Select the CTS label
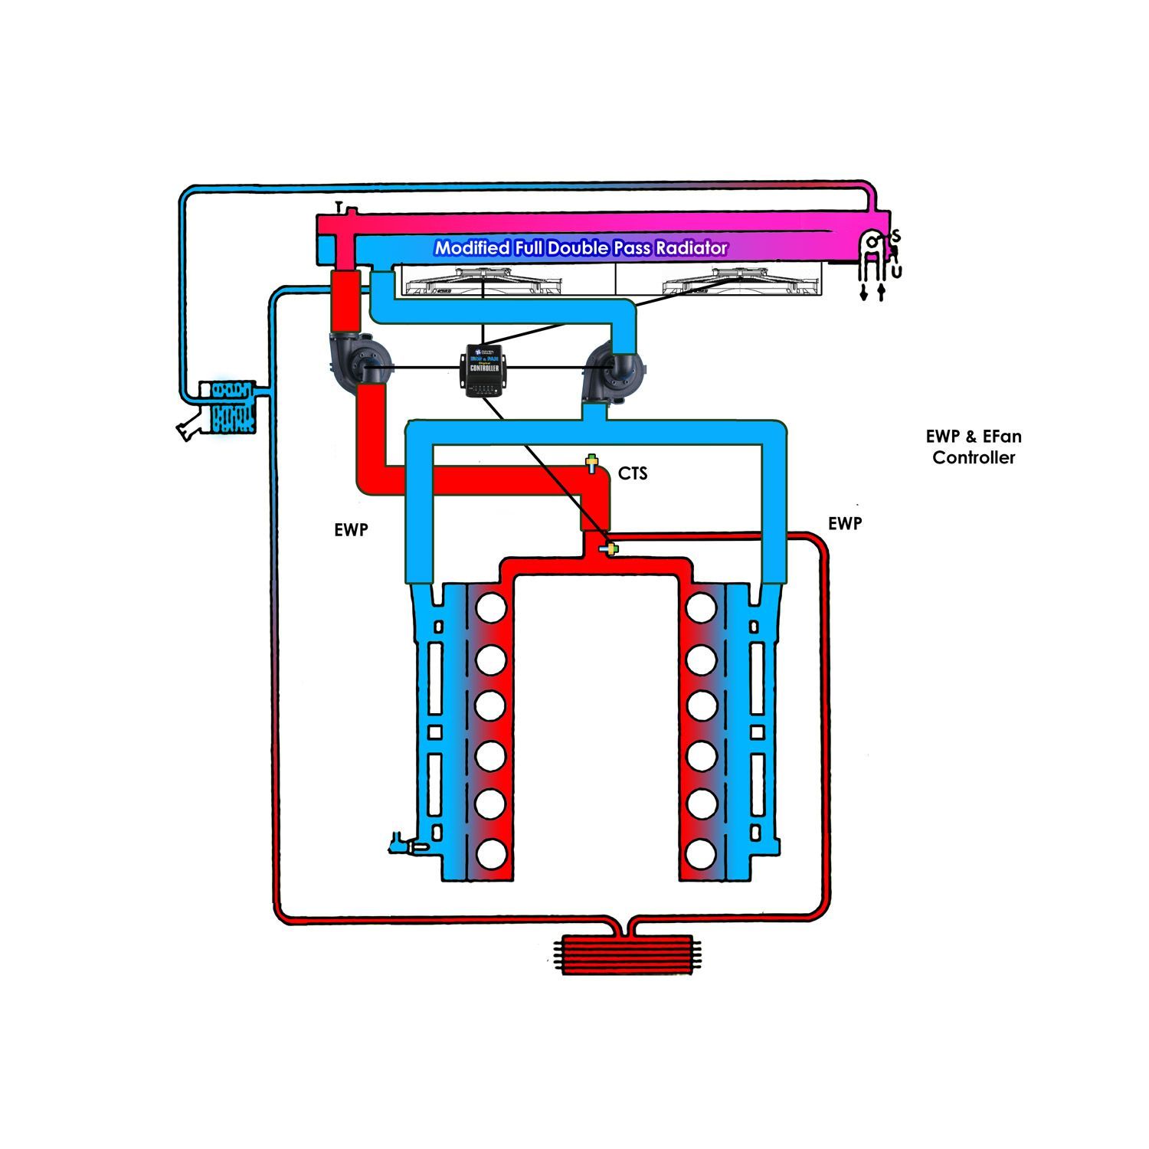[x=633, y=474]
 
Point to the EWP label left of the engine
[x=351, y=529]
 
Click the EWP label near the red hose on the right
[x=845, y=523]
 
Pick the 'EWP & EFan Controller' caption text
[x=974, y=447]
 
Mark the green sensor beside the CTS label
[x=591, y=463]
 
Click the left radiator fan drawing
[x=484, y=283]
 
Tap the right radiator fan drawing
[x=740, y=283]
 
